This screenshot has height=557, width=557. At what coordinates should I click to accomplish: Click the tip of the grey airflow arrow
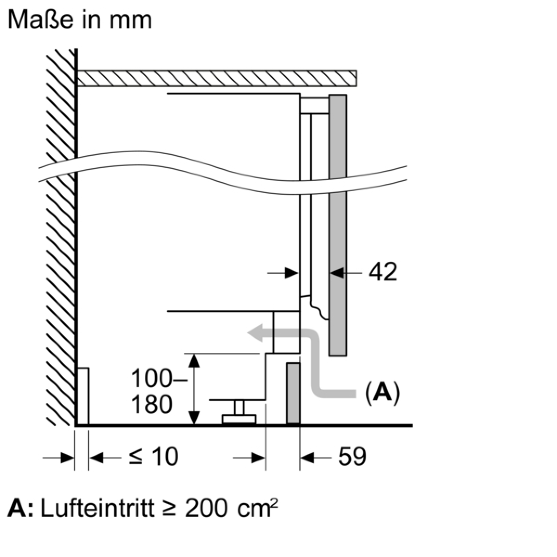coord(247,333)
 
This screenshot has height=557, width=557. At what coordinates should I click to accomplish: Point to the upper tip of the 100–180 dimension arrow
coord(194,354)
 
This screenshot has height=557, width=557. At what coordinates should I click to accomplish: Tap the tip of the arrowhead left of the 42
coord(330,273)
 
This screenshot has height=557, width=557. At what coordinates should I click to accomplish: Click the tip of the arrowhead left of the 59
coord(300,458)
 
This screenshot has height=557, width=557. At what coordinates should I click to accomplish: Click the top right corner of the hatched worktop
coord(356,70)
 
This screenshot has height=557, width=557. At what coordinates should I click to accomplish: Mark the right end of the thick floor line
coord(413,426)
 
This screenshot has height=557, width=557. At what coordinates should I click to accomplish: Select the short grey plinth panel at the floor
coord(293,394)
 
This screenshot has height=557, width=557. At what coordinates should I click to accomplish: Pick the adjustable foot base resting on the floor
coord(239,420)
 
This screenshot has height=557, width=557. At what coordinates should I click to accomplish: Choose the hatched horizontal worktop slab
coord(216,78)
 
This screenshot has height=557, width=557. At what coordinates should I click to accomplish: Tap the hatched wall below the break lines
coord(61,301)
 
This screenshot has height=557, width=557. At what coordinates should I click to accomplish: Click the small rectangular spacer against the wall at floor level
coord(83,396)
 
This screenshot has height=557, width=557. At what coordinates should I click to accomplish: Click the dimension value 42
coord(383,272)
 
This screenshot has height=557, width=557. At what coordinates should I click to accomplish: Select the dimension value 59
coord(352,457)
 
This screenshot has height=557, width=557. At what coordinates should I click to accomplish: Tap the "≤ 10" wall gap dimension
coord(154,457)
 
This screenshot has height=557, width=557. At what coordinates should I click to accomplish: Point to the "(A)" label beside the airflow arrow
coord(382,393)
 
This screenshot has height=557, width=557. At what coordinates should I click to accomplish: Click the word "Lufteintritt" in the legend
coord(97,508)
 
